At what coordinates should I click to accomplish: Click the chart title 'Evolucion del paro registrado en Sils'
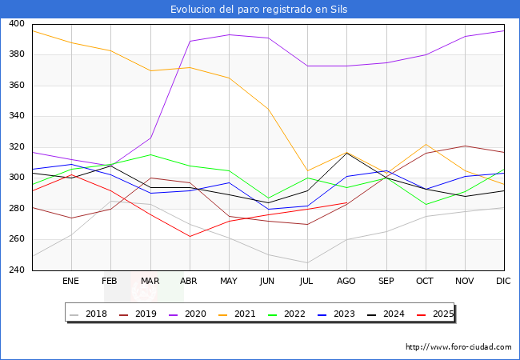(x=258, y=10)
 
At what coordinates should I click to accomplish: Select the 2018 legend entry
(x=89, y=314)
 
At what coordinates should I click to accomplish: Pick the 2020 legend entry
(x=188, y=314)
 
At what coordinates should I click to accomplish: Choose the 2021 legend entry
(x=238, y=314)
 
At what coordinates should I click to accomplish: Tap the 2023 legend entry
(x=337, y=314)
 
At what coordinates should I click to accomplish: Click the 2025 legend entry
(x=435, y=314)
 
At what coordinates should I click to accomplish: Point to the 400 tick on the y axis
(x=17, y=23)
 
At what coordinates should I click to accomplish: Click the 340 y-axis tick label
(x=17, y=116)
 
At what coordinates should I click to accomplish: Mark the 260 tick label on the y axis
(x=17, y=239)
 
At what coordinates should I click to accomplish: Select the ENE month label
(x=70, y=281)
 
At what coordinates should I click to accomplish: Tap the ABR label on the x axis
(x=188, y=281)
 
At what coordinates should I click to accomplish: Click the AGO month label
(x=346, y=281)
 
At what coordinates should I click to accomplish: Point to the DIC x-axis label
(x=503, y=281)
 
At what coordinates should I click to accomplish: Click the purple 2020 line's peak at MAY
(x=229, y=34)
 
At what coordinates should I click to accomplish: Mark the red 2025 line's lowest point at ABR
(x=190, y=236)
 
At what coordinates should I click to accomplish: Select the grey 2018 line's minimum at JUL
(x=307, y=263)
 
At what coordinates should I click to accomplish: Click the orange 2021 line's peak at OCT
(x=426, y=144)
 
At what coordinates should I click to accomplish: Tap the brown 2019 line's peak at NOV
(x=466, y=146)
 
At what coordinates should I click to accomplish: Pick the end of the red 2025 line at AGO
(x=347, y=202)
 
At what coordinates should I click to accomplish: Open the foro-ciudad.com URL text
(x=458, y=347)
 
